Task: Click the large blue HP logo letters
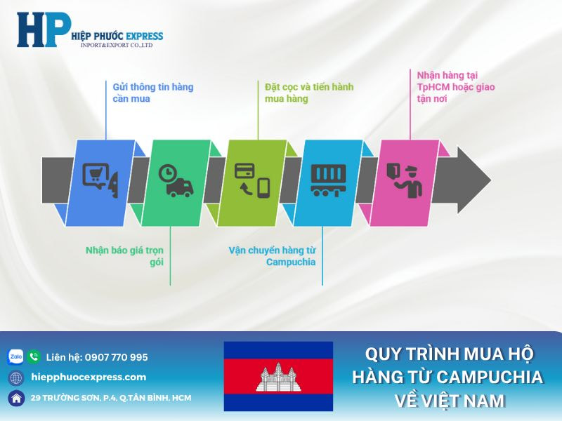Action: click(x=43, y=29)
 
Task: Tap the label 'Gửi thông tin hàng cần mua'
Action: click(x=152, y=93)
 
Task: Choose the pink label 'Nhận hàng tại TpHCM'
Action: click(x=447, y=86)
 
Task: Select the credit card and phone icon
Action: click(x=252, y=179)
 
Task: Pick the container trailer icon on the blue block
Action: click(x=329, y=179)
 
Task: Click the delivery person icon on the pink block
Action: click(x=405, y=179)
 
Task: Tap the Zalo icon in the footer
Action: click(x=15, y=356)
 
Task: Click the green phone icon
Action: click(x=34, y=356)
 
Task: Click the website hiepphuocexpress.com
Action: click(x=89, y=377)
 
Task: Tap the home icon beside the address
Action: click(x=15, y=398)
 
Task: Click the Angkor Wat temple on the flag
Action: click(x=278, y=377)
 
